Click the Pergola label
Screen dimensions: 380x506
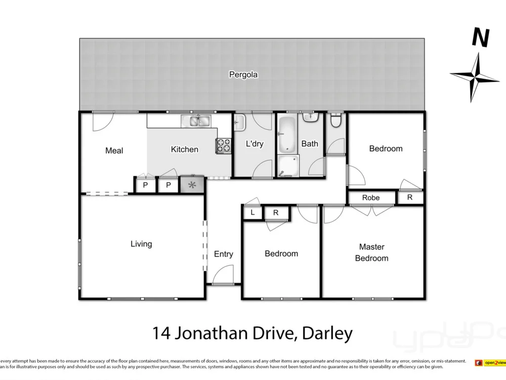coord(243,74)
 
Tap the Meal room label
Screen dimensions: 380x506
coord(114,150)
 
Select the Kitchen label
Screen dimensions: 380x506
coord(184,149)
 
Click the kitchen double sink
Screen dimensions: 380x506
coord(197,121)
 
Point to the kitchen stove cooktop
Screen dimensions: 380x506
coord(223,145)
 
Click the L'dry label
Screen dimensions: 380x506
coord(254,144)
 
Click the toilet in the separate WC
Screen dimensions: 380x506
coord(334,121)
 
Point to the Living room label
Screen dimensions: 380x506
coord(141,244)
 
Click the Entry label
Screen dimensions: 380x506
coord(223,254)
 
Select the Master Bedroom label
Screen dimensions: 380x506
coord(371,252)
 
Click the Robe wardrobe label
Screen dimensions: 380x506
coord(371,198)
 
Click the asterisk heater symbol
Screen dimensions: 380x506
coord(192,185)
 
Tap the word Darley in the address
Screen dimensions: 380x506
coord(326,333)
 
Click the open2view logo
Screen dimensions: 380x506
coord(490,363)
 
